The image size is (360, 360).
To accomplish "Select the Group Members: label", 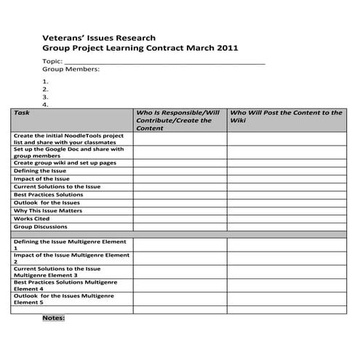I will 71,70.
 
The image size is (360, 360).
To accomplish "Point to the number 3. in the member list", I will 45,96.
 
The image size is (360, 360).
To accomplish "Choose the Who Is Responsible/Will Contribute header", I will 178,120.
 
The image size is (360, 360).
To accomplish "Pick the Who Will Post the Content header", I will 286,116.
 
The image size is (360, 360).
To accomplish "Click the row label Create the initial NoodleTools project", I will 69,139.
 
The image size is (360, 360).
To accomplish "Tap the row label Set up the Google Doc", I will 69,152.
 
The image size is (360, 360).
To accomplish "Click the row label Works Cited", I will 33,218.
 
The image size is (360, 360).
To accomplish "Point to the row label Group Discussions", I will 41,227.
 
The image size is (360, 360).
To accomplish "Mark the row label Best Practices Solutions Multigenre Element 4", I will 69,285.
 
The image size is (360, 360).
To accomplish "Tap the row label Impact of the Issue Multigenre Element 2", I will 71,259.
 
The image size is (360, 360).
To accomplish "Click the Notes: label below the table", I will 54,318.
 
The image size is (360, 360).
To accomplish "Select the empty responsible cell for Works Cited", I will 179,218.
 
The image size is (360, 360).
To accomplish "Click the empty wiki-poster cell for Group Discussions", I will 286,227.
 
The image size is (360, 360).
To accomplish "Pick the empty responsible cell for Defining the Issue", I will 179,171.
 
